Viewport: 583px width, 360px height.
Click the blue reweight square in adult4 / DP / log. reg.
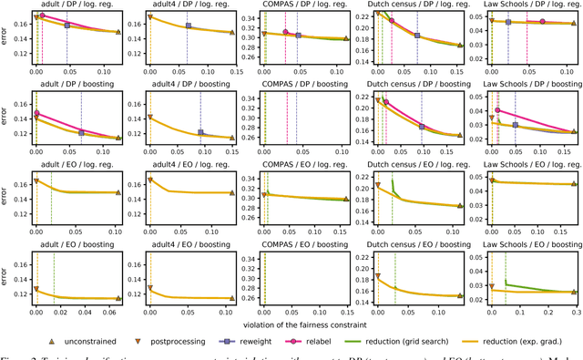[x=188, y=26]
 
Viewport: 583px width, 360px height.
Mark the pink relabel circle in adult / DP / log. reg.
[x=42, y=15]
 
